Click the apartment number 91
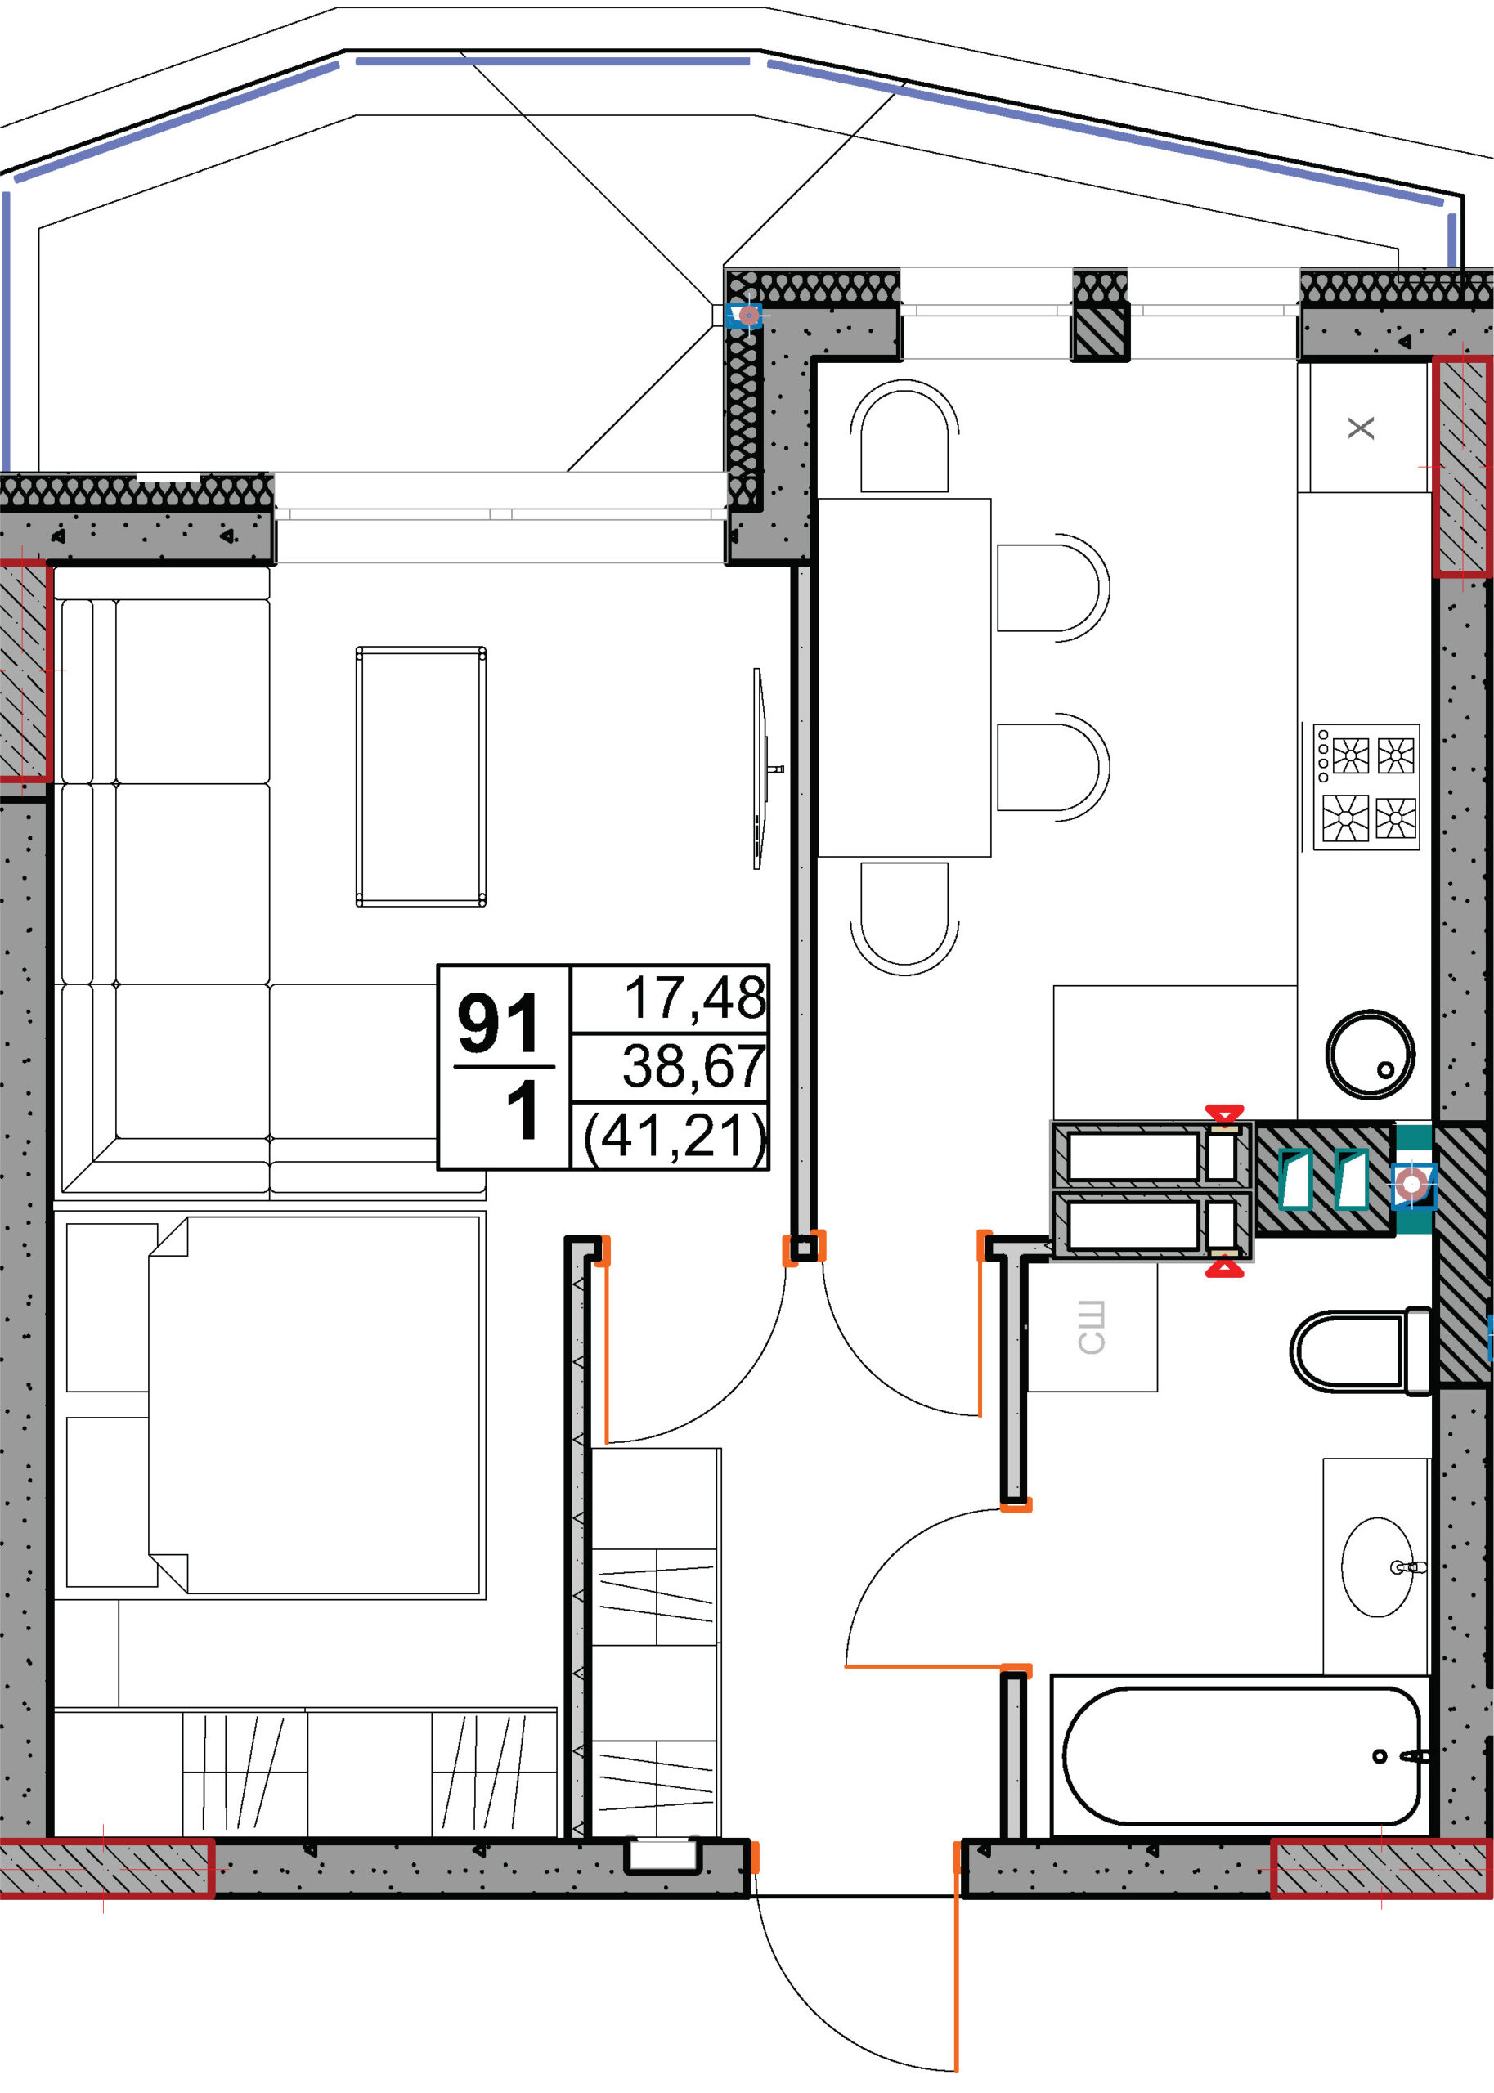click(x=498, y=1023)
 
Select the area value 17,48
click(x=694, y=997)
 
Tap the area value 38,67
click(x=693, y=1066)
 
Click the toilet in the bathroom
click(x=1361, y=1351)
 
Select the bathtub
click(x=1242, y=1755)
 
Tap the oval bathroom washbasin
click(x=1377, y=1567)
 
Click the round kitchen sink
click(x=1370, y=1054)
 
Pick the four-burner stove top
click(x=1366, y=787)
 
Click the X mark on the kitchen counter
click(x=1361, y=428)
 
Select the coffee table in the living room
click(x=420, y=776)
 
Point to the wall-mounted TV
click(x=760, y=768)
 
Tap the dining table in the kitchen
click(x=904, y=678)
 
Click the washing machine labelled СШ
click(x=1091, y=1327)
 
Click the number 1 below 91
click(x=523, y=1110)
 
